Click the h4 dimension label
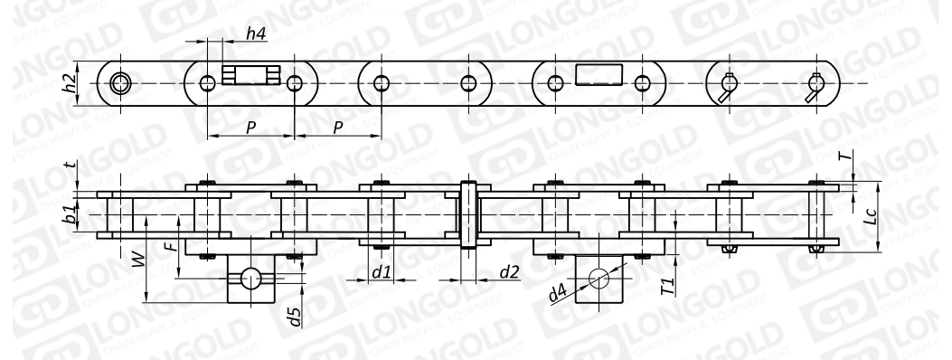pyautogui.click(x=256, y=34)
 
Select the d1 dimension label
pyautogui.click(x=381, y=272)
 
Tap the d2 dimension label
pyautogui.click(x=510, y=272)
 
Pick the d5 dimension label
pyautogui.click(x=295, y=317)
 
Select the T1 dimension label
pyautogui.click(x=668, y=286)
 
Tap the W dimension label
pyautogui.click(x=138, y=262)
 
